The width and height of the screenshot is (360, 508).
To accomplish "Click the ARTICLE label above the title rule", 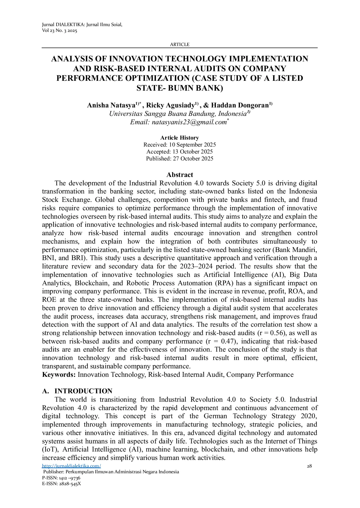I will coord(179,45).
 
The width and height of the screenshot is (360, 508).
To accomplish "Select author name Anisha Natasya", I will coord(111,105).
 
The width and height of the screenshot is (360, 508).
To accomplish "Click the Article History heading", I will coord(179,138).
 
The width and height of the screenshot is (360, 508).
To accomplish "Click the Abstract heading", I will coord(179,175).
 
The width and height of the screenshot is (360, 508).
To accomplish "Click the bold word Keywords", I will coord(59,375).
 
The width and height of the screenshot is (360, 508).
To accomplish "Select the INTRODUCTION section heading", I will coord(83,391).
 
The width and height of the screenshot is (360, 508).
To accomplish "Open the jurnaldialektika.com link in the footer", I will coord(71,466).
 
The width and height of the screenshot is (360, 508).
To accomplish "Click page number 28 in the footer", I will coord(309,466).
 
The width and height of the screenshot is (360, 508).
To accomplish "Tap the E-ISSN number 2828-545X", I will coord(70,484).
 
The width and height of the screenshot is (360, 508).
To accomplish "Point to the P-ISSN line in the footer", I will coord(61,478).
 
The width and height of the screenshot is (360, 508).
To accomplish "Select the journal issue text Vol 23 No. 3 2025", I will coord(60,31).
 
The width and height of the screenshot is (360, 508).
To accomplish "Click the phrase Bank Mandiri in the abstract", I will coord(301,250).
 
